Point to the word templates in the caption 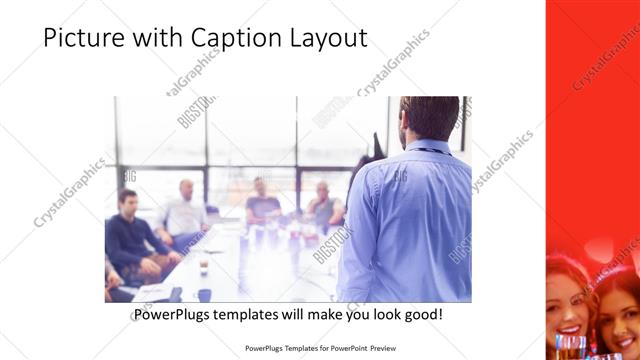pyautogui.click(x=257, y=315)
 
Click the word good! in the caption pyautogui.click(x=423, y=315)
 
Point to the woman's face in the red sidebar pyautogui.click(x=569, y=305)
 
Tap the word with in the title pyautogui.click(x=155, y=38)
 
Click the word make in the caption pyautogui.click(x=334, y=315)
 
